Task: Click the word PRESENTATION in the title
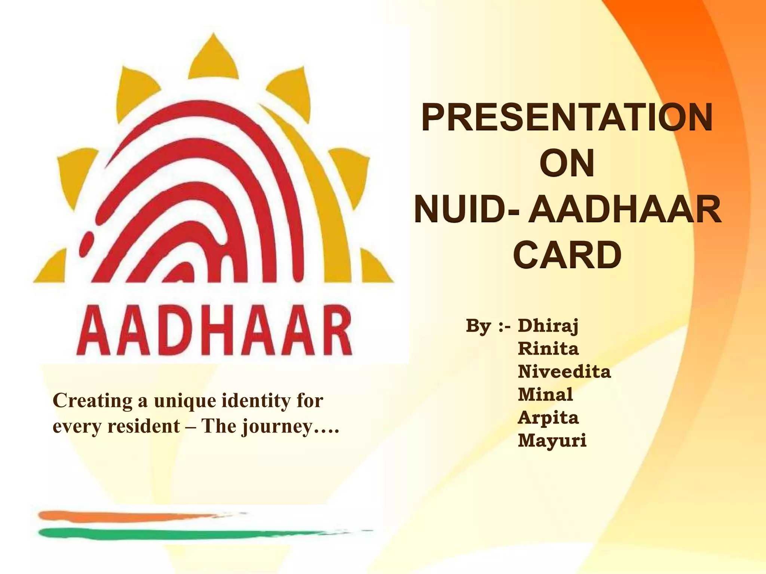(x=567, y=118)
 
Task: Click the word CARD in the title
(x=567, y=256)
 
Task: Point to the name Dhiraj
(x=548, y=326)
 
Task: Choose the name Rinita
(x=548, y=349)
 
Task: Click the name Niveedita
(x=564, y=372)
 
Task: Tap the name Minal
(x=545, y=395)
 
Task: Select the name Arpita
(x=548, y=418)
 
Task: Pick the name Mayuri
(x=552, y=441)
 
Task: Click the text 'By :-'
(x=488, y=326)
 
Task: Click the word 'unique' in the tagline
(x=185, y=401)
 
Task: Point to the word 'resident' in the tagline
(x=143, y=426)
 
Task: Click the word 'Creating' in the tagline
(x=92, y=401)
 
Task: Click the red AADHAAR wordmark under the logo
(x=214, y=331)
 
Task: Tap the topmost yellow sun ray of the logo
(x=213, y=58)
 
